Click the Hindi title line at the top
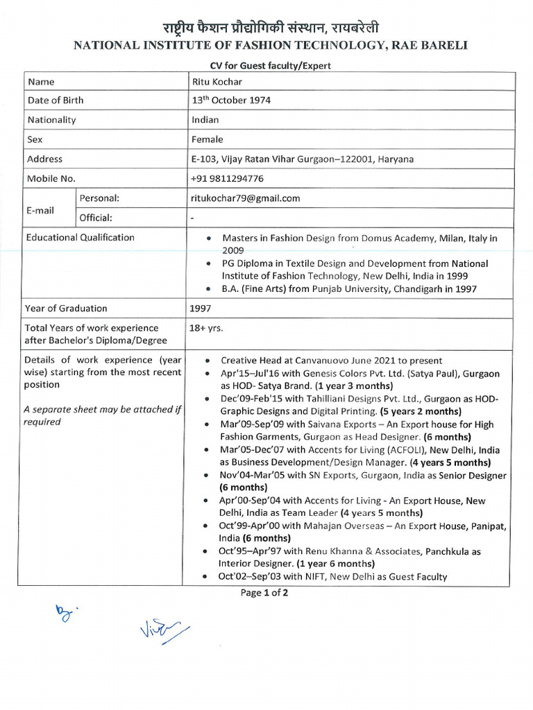(x=271, y=28)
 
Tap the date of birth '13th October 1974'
(x=231, y=101)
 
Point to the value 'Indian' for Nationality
(x=205, y=120)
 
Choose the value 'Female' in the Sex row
(x=208, y=139)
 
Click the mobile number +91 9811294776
(x=227, y=179)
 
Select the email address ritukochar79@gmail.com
(x=246, y=198)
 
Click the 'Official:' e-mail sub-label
(x=96, y=218)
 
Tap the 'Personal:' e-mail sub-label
(x=99, y=198)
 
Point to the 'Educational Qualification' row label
(x=80, y=238)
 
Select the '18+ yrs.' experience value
(x=207, y=328)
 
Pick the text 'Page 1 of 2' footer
(x=264, y=593)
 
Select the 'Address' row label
(x=45, y=159)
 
